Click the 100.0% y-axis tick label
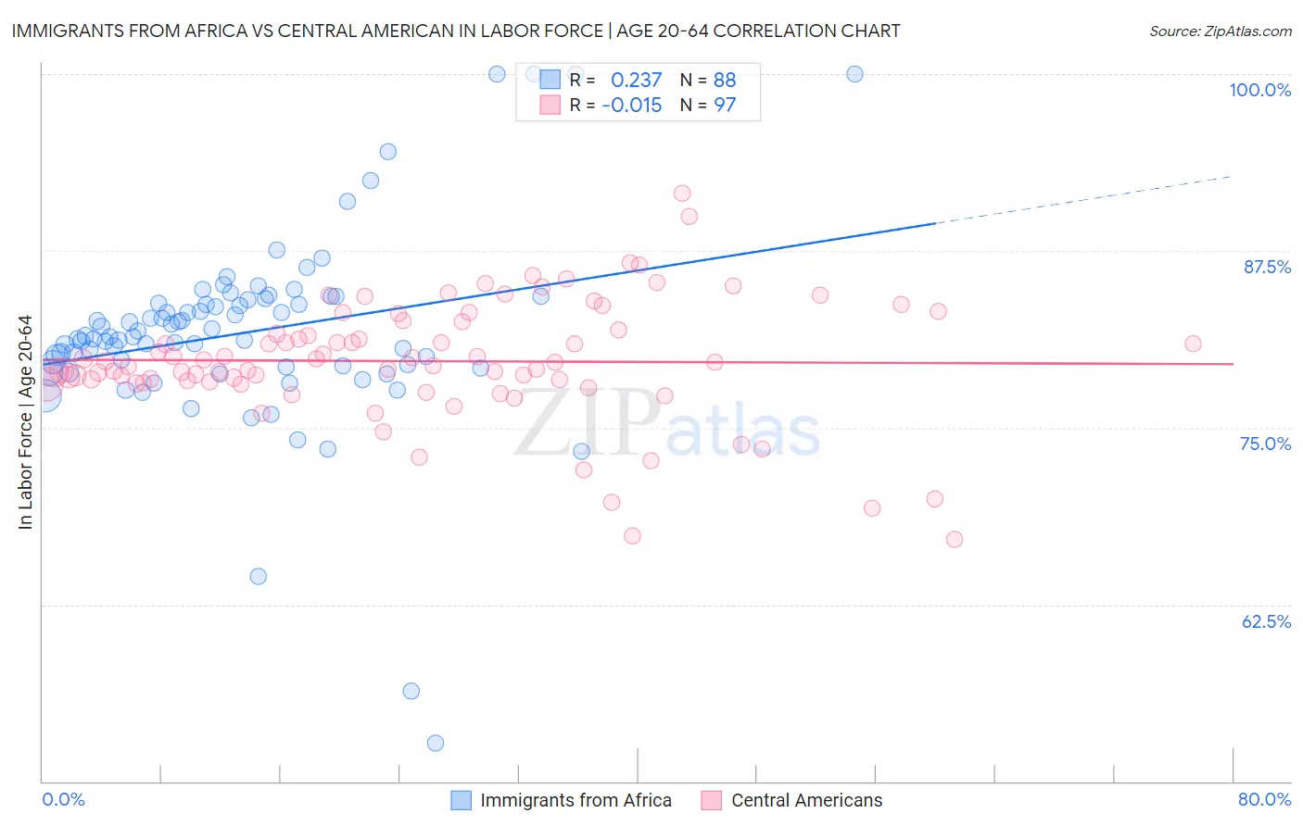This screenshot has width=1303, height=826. (1259, 90)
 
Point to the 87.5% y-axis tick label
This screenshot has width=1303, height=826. (1267, 267)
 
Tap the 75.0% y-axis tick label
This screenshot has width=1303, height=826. (1265, 444)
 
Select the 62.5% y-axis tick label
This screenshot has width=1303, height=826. (1266, 621)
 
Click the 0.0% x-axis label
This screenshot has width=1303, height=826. (63, 799)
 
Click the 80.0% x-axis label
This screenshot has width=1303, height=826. (1264, 799)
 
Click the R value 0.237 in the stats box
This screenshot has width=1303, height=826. (636, 80)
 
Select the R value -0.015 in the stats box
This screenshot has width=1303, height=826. (631, 105)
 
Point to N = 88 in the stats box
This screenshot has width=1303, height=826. (708, 80)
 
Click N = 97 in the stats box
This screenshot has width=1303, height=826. (708, 105)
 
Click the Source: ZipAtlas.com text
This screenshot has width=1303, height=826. (1220, 31)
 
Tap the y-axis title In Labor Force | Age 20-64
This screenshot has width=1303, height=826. (25, 422)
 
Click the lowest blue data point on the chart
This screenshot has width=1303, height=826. (435, 743)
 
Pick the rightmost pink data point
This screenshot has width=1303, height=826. (1193, 344)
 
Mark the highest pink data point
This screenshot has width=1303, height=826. (682, 194)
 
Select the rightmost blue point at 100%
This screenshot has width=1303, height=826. (854, 74)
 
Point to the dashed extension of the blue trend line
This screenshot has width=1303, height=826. (1084, 199)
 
